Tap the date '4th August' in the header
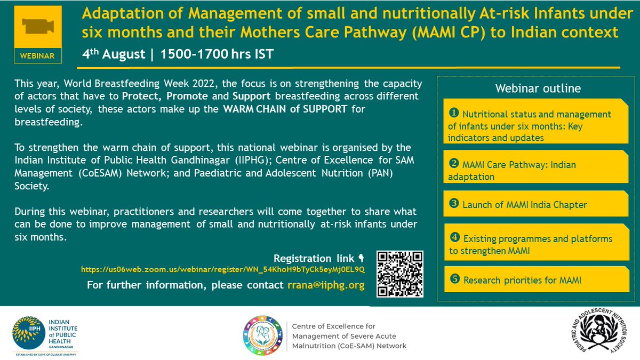[x=113, y=54]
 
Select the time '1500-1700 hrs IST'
[x=217, y=54]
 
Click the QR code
[x=399, y=274]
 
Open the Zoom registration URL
[x=223, y=270]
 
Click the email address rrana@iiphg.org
[x=325, y=285]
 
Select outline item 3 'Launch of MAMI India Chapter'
[x=524, y=205]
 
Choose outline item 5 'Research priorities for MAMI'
[x=522, y=280]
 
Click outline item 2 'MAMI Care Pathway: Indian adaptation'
[x=512, y=171]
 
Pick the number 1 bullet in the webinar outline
[x=454, y=113]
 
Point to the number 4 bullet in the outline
[x=454, y=238]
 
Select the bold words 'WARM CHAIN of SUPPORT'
[x=285, y=109]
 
